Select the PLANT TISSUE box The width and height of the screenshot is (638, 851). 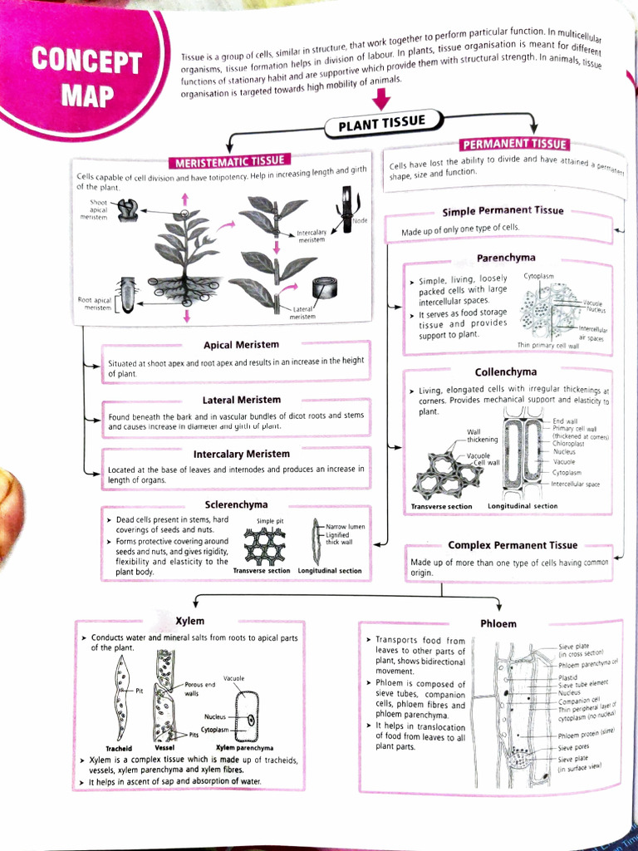pyautogui.click(x=381, y=125)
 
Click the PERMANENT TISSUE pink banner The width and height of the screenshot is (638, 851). pyautogui.click(x=514, y=144)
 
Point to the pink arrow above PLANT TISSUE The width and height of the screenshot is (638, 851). pyautogui.click(x=380, y=98)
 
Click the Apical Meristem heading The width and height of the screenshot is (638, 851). pyautogui.click(x=241, y=344)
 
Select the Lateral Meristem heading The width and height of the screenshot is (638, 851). pyautogui.click(x=241, y=400)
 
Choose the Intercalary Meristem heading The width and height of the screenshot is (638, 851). pyautogui.click(x=241, y=455)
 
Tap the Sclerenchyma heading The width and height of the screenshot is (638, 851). pyautogui.click(x=236, y=504)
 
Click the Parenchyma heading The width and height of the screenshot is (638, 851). pyautogui.click(x=505, y=258)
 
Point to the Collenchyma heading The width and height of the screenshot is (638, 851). pyautogui.click(x=505, y=371)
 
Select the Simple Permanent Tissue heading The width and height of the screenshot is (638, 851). pyautogui.click(x=503, y=211)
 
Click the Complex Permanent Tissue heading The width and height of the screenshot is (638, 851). pyautogui.click(x=512, y=545)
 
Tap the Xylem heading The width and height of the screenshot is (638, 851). pyautogui.click(x=189, y=621)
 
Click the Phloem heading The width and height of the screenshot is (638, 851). pyautogui.click(x=498, y=623)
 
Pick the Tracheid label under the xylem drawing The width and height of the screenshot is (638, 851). pyautogui.click(x=119, y=747)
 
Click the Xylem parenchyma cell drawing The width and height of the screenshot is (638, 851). pyautogui.click(x=246, y=715)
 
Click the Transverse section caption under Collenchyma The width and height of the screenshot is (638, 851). pyautogui.click(x=441, y=506)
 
